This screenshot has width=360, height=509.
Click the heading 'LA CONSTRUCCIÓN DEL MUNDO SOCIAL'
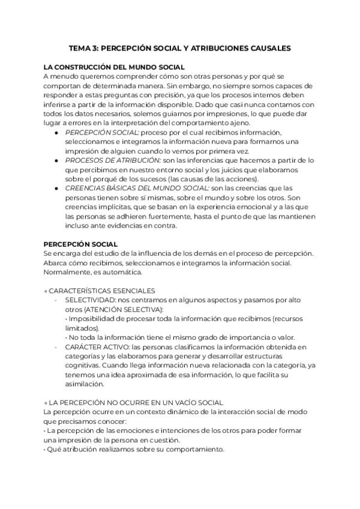point(114,68)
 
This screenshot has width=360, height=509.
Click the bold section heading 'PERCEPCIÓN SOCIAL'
point(81,244)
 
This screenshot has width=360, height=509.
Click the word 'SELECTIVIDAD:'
point(87,300)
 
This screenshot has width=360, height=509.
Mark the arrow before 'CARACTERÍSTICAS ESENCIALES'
point(46,291)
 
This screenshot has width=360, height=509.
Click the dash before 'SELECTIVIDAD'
point(56,300)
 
